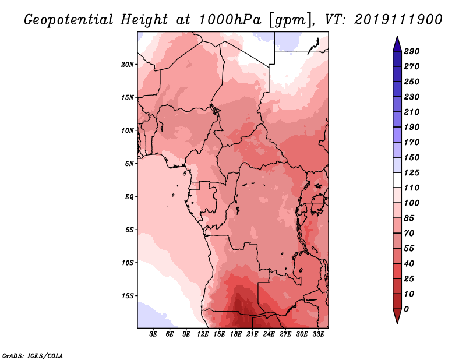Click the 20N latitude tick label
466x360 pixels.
(x=128, y=65)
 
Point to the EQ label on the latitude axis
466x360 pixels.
(x=129, y=197)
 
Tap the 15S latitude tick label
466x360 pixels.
(x=128, y=296)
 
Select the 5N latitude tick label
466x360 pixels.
(x=129, y=164)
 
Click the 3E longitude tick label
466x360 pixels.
(x=153, y=334)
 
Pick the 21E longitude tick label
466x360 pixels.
(x=252, y=334)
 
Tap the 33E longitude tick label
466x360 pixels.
(x=318, y=334)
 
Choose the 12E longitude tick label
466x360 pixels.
(x=203, y=334)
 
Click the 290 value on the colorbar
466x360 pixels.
(x=412, y=51)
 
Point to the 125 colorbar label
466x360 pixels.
(x=412, y=172)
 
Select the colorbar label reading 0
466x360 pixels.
(x=406, y=309)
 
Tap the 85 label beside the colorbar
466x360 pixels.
(x=409, y=218)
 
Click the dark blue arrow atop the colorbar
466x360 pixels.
(x=397, y=44)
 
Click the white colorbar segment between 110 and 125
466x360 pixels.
(x=397, y=180)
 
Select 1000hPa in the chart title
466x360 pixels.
(x=230, y=20)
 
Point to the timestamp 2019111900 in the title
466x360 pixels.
(x=398, y=20)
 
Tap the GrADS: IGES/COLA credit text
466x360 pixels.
(x=33, y=355)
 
